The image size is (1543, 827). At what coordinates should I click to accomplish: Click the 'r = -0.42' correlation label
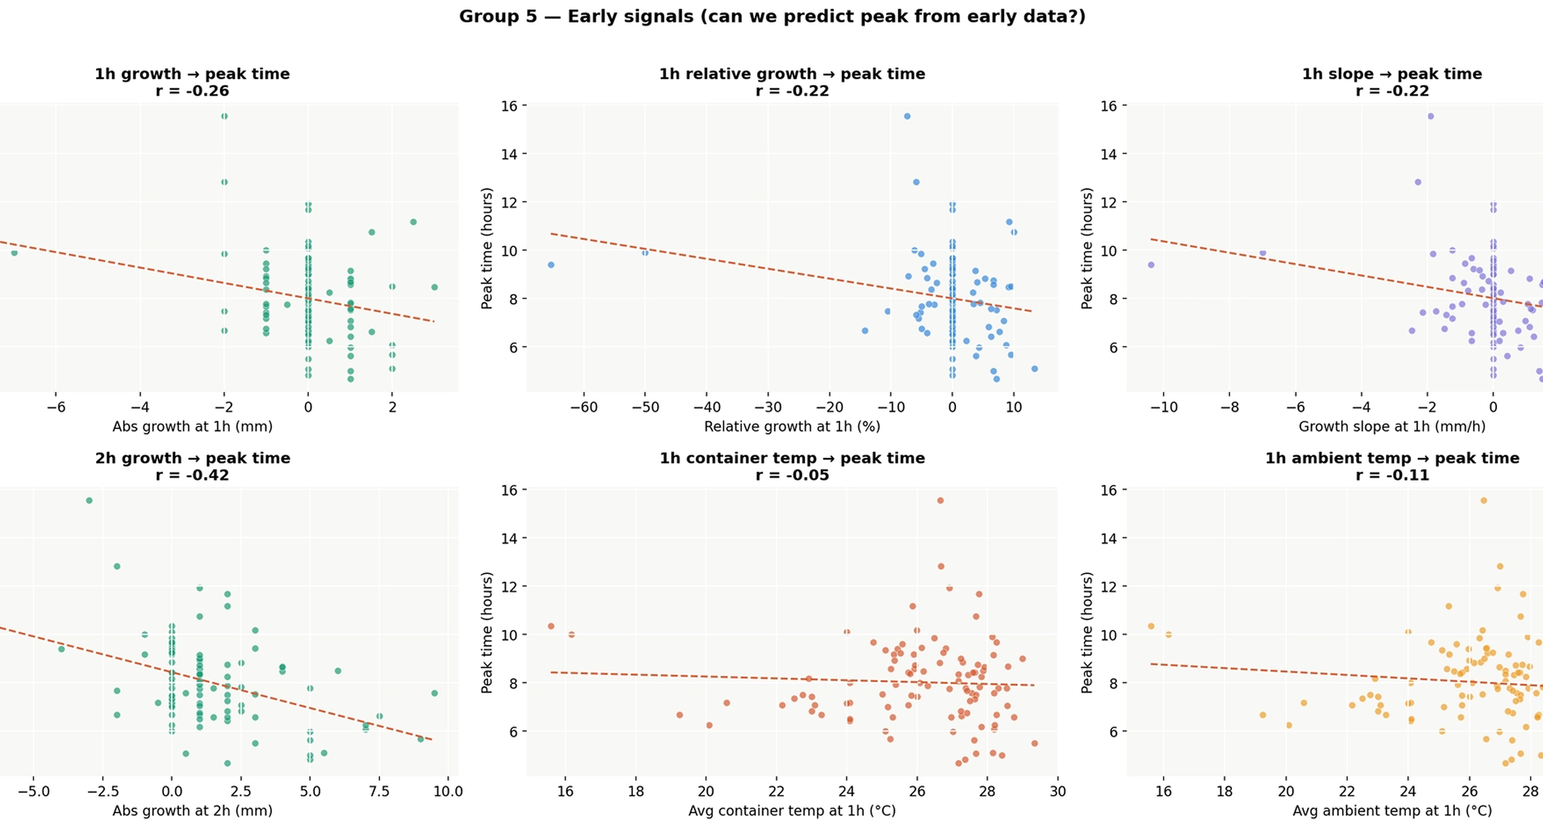click(x=192, y=475)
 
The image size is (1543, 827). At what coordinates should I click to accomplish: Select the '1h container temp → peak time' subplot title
click(x=792, y=458)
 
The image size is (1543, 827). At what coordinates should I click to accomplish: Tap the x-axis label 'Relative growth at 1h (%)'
click(x=792, y=427)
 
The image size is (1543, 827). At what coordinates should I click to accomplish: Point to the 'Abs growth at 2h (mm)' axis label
click(x=192, y=811)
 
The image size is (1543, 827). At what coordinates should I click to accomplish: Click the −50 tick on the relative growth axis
click(x=645, y=408)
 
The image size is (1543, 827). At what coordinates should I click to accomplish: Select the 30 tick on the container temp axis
click(x=1058, y=791)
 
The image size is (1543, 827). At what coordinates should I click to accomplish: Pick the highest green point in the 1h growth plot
click(x=224, y=116)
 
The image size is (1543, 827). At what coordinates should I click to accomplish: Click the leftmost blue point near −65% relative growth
click(x=551, y=265)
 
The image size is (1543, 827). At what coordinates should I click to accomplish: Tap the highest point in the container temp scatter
click(x=941, y=500)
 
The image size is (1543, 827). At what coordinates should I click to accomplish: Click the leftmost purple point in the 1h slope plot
click(x=1151, y=265)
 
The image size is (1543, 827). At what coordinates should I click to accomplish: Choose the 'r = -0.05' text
click(x=792, y=475)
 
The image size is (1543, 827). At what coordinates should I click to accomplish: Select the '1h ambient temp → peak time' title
click(x=1392, y=458)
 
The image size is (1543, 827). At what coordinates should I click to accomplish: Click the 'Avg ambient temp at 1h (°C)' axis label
click(x=1392, y=811)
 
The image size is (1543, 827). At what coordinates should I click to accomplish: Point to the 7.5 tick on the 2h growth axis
click(x=379, y=791)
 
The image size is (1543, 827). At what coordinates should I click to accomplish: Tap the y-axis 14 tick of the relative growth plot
click(x=509, y=154)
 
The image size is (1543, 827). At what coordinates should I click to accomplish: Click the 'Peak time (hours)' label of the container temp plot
click(x=486, y=633)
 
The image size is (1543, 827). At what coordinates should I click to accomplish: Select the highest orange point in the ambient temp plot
click(x=1484, y=500)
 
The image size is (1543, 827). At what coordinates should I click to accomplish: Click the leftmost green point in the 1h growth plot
click(x=14, y=253)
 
